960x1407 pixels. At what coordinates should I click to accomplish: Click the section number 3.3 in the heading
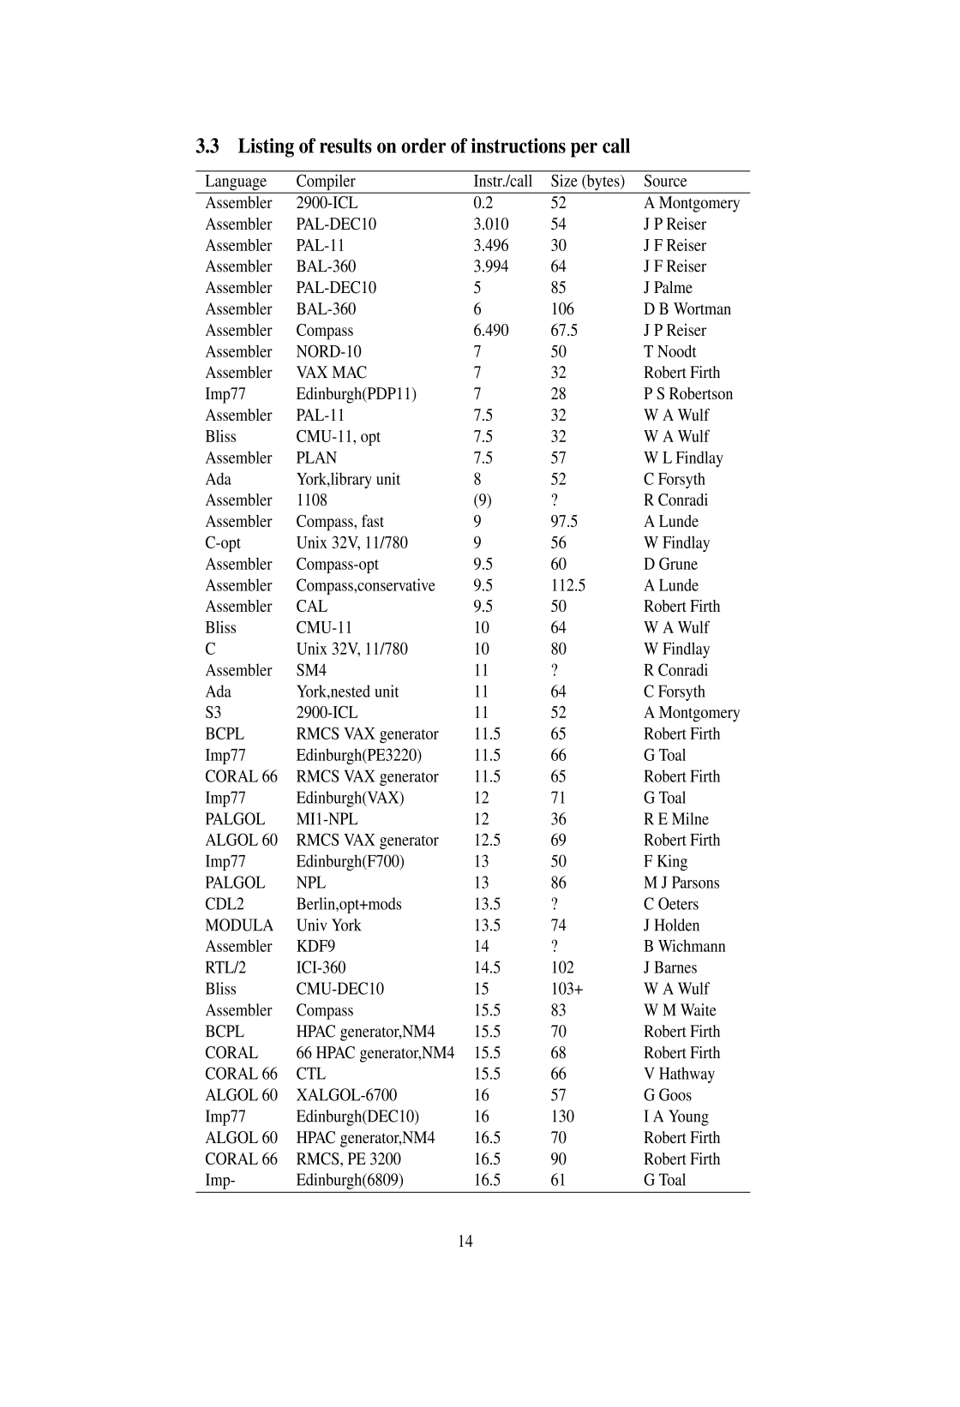click(207, 147)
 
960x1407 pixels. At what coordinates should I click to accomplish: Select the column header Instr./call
click(502, 182)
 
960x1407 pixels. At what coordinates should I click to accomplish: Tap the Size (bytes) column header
click(587, 182)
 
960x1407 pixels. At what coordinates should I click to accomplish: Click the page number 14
click(465, 1242)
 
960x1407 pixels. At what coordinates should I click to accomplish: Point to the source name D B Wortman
click(687, 309)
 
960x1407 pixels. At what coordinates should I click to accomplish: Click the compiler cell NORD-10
click(328, 352)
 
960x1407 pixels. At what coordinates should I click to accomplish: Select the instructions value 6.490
click(490, 331)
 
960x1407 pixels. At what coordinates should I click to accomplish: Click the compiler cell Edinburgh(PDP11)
click(356, 394)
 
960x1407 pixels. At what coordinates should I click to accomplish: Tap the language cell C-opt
click(223, 543)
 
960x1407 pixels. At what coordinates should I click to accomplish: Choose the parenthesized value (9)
click(483, 500)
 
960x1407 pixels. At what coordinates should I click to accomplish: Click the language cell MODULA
click(239, 925)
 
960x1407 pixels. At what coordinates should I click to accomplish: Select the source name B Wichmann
click(684, 947)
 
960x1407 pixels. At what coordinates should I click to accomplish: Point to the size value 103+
click(567, 990)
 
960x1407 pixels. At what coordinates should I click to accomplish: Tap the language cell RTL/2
click(225, 968)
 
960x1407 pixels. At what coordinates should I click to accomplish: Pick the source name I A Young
click(675, 1117)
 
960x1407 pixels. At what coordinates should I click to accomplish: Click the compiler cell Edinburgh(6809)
click(350, 1181)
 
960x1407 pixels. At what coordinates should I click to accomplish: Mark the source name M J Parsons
click(681, 883)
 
